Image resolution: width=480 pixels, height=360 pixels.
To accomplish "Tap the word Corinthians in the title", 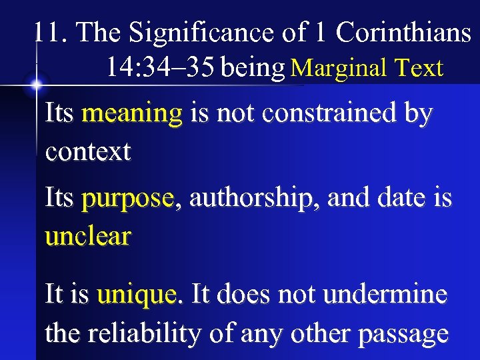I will tap(403, 33).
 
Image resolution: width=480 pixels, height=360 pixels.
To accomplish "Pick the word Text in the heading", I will tap(418, 68).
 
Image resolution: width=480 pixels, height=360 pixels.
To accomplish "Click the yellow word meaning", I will tap(131, 115).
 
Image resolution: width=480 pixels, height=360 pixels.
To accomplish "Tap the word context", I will tap(88, 152).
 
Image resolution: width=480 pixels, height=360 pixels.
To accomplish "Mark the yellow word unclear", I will tap(88, 236).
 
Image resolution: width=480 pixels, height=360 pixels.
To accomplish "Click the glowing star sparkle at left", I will tap(35, 85).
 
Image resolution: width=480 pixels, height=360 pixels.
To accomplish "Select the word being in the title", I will tap(253, 68).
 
